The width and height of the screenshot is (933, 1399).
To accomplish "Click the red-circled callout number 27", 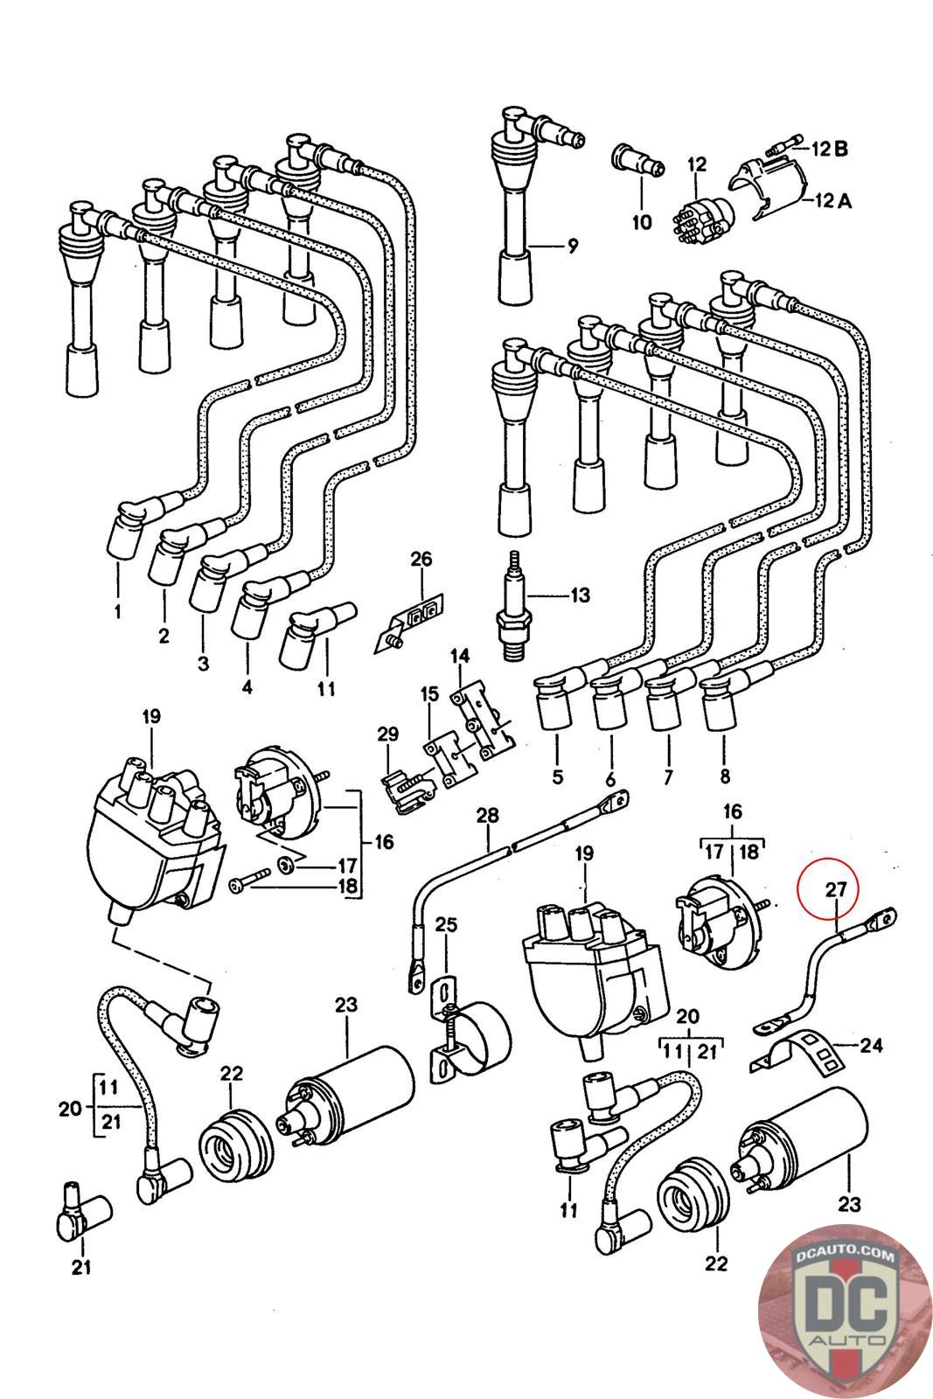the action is pos(835,889).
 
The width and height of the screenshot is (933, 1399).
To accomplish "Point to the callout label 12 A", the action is pos(833,200).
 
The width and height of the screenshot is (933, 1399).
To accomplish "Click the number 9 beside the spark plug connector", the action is pos(573,246).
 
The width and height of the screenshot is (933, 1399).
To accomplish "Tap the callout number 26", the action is pos(421,559).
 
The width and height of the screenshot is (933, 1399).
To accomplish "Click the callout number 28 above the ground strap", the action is pos(488,815).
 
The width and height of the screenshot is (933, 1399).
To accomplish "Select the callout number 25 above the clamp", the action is pos(446,924).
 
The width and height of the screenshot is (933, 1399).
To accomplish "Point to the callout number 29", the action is pos(388,734).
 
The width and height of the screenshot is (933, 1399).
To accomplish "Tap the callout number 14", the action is pos(460,656).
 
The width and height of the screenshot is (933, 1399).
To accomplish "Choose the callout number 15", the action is pos(429,693).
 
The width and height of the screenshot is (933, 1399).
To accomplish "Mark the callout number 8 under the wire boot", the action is pos(724,776).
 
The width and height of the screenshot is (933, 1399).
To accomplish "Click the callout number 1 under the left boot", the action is pos(118,610).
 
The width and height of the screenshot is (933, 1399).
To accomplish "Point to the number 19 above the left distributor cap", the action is pos(151,716).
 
